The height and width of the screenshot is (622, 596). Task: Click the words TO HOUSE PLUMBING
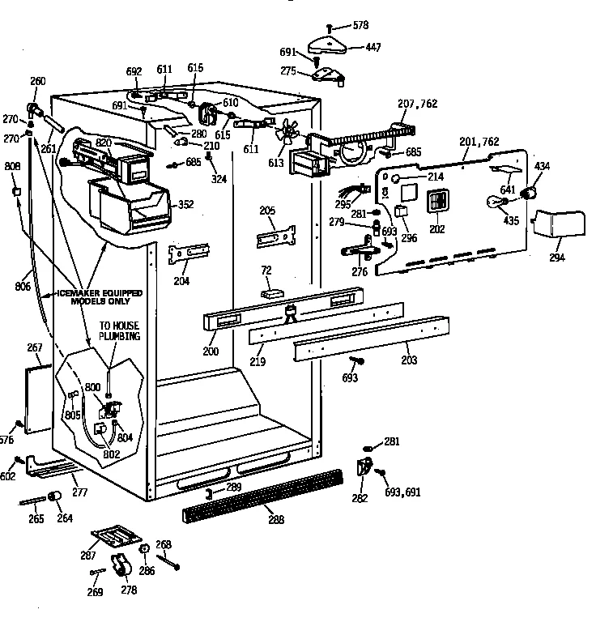[x=119, y=330]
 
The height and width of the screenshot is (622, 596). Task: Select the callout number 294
[x=556, y=257]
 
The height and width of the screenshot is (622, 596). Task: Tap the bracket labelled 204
[x=189, y=254]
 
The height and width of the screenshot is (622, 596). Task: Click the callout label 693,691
[x=402, y=492]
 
